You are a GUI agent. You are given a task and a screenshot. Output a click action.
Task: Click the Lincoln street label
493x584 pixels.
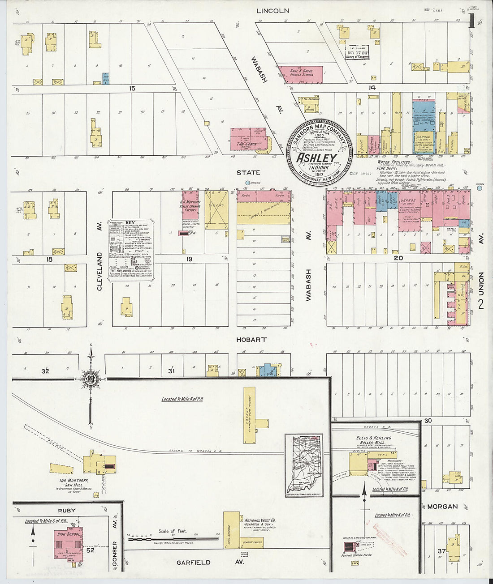[x=272, y=10]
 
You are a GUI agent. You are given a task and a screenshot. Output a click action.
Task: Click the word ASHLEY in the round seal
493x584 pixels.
[x=316, y=158]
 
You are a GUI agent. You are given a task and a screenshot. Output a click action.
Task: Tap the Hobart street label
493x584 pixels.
[x=251, y=340]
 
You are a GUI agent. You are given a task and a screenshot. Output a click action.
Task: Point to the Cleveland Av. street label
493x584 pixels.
[x=99, y=271]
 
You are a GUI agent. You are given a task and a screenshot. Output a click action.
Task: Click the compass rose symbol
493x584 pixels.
[x=91, y=379]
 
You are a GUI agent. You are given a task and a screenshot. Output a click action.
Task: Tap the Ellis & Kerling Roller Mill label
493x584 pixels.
[x=374, y=440]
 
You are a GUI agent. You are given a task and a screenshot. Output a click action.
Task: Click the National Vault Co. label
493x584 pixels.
[x=260, y=523]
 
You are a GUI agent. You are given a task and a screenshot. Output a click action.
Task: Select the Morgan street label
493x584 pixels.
[x=442, y=507]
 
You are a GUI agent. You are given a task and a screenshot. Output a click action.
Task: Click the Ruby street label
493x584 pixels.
[x=66, y=510]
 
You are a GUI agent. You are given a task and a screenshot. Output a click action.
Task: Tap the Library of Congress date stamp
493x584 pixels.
[x=357, y=52]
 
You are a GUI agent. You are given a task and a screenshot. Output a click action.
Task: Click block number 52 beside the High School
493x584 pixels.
[x=91, y=550]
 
